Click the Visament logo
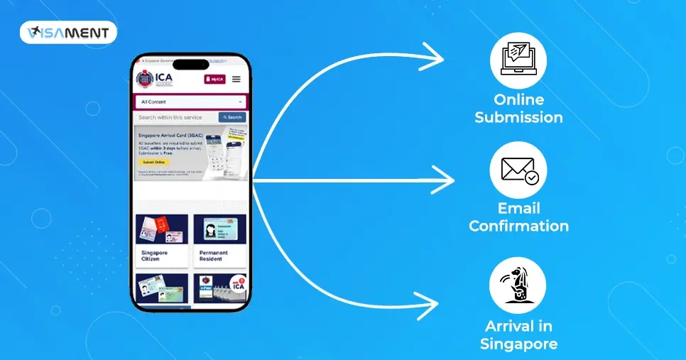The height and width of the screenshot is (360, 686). point(68,33)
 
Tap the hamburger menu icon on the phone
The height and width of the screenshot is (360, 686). point(236,80)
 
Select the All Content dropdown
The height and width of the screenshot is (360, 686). point(190,102)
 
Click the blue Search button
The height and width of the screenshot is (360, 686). point(232,117)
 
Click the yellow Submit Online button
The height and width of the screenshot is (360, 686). point(153,162)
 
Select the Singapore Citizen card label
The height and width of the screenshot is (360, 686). point(156,256)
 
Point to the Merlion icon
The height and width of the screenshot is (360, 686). point(518,286)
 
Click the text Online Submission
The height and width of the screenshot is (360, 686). point(518,109)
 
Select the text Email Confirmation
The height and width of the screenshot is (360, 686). point(518,217)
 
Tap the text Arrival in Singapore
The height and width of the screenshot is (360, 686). point(518,335)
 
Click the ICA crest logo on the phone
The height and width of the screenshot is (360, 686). point(145,80)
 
